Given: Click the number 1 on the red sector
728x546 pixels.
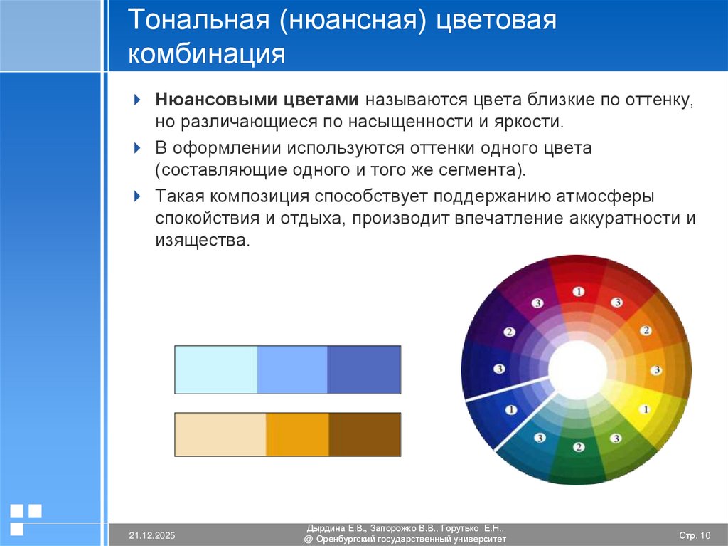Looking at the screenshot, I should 578,291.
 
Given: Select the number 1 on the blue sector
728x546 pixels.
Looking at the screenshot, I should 510,409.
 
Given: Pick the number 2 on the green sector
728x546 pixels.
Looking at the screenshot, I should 579,447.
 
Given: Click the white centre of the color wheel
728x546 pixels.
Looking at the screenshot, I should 577,369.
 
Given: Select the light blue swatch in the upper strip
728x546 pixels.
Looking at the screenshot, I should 215,369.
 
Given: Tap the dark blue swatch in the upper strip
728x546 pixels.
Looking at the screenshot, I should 363,369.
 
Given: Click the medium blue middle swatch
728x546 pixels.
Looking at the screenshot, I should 291,369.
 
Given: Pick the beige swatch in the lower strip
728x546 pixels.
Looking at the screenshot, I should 220,434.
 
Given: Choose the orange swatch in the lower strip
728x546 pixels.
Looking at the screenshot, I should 297,434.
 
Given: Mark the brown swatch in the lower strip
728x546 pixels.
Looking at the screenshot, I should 364,434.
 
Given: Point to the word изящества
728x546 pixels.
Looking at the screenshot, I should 203,240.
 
